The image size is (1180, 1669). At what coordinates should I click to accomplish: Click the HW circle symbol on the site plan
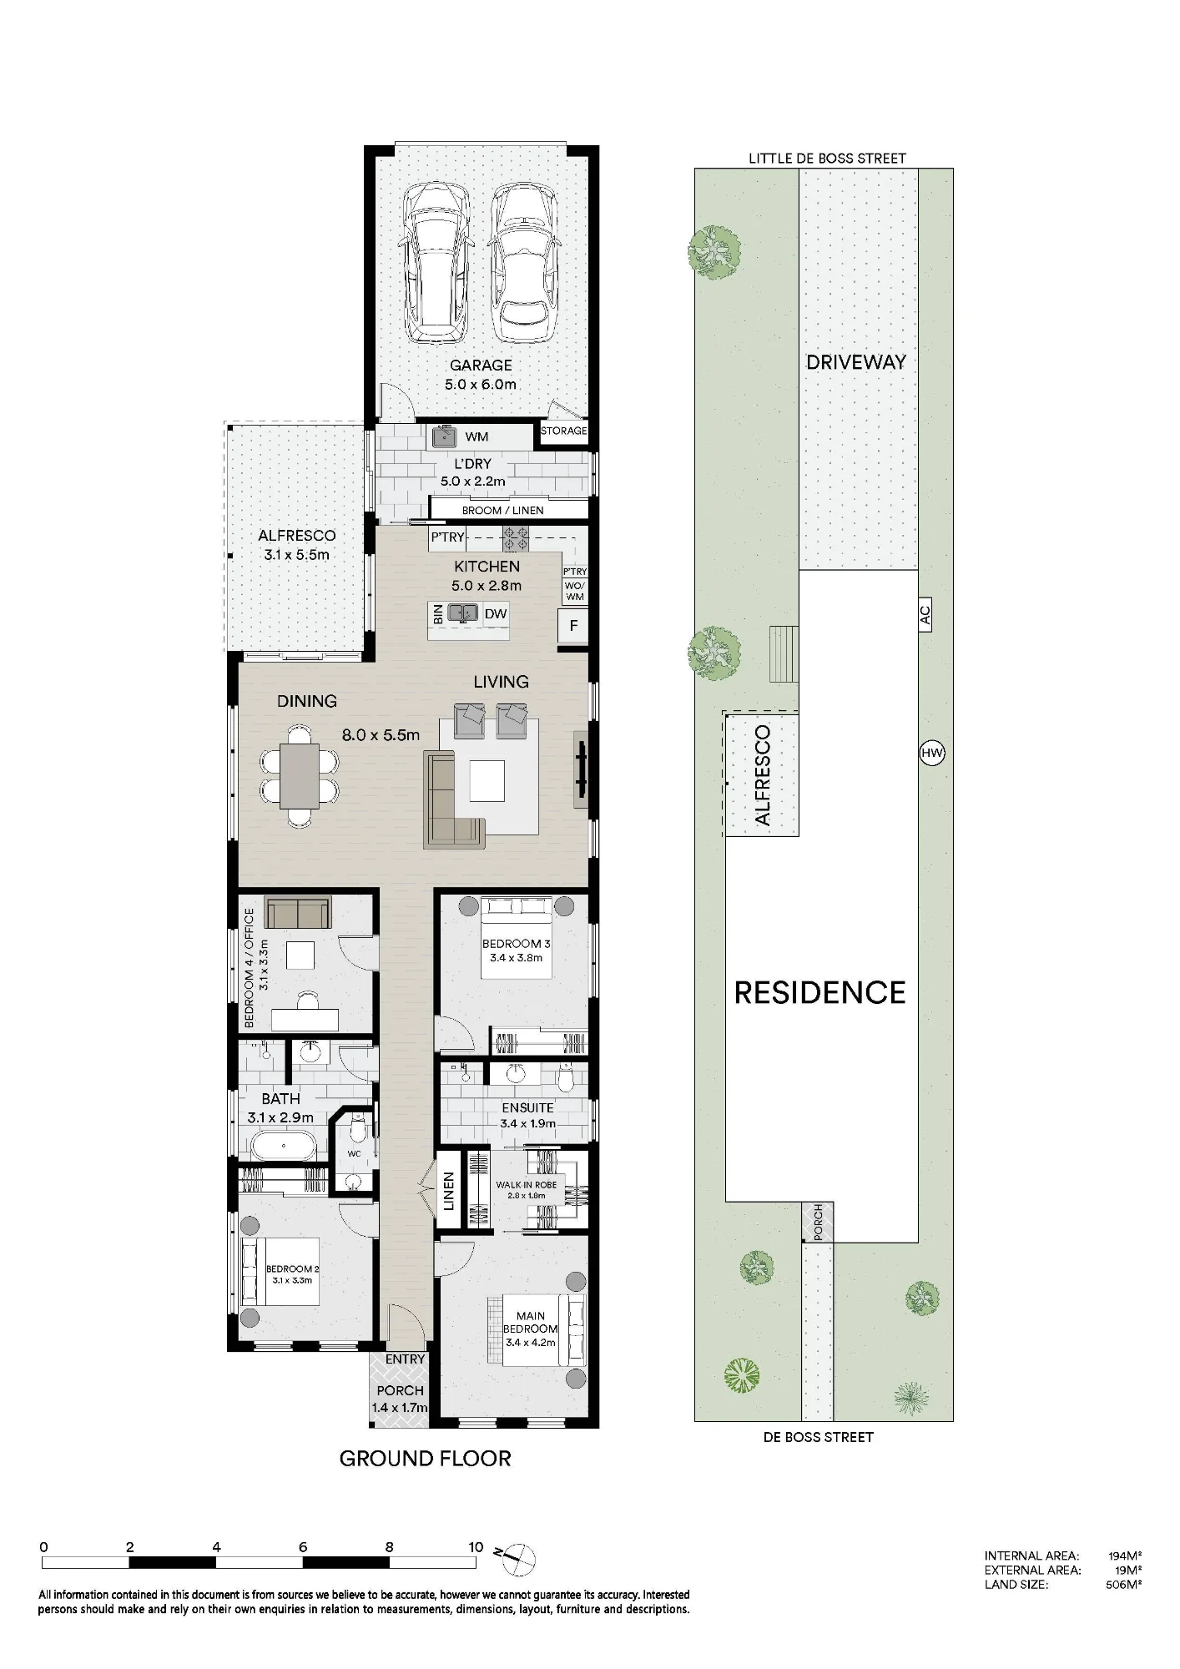[x=931, y=753]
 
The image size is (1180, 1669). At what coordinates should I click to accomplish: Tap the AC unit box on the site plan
[x=925, y=616]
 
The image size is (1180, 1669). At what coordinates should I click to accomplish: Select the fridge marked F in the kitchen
[x=573, y=626]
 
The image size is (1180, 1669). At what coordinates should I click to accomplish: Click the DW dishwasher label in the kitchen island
[x=496, y=614]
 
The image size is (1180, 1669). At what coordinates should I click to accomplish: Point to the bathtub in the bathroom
[x=278, y=1146]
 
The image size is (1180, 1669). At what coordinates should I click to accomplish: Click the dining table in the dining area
[x=299, y=776]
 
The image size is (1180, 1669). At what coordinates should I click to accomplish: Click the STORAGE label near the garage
[x=564, y=431]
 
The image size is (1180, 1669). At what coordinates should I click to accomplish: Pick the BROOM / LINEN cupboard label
[x=502, y=510]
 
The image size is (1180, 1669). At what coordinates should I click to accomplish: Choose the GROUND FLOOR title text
[x=425, y=1458]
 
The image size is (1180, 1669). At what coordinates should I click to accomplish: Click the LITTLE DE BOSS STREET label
[x=827, y=158]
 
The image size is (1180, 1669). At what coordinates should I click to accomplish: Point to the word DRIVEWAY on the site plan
[x=856, y=361]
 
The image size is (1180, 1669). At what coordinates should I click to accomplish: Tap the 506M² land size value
[x=1123, y=1585]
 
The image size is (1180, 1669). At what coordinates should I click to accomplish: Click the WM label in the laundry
[x=477, y=436]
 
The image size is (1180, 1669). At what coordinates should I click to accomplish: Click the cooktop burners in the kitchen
[x=516, y=537]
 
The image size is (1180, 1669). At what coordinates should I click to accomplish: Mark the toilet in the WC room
[x=358, y=1131]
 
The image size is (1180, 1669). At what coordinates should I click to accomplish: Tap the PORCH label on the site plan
[x=819, y=1221]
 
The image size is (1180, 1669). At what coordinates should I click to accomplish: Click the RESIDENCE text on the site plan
[x=820, y=992]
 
